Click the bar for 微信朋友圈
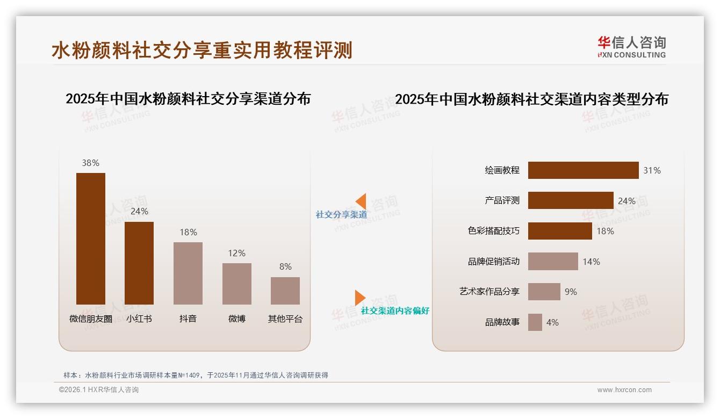[x=91, y=239]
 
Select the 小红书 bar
[x=139, y=263]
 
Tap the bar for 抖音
[x=188, y=273]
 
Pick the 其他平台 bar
[x=285, y=291]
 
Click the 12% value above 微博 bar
[x=236, y=253]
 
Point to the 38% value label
[x=90, y=163]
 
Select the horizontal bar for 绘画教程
[x=583, y=170]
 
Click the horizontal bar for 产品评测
[x=571, y=200]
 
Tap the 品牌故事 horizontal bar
[x=535, y=322]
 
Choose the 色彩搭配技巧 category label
[x=494, y=231]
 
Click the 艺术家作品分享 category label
[x=489, y=292]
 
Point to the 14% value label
[x=591, y=262]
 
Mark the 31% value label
[x=652, y=170]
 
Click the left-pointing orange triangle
[x=361, y=201]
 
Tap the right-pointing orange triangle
[x=359, y=298]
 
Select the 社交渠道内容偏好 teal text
[x=395, y=311]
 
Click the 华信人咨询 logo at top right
[x=631, y=47]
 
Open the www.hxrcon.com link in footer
[x=624, y=390]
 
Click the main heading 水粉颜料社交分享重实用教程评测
[x=202, y=50]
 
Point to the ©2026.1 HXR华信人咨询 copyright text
[x=99, y=390]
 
